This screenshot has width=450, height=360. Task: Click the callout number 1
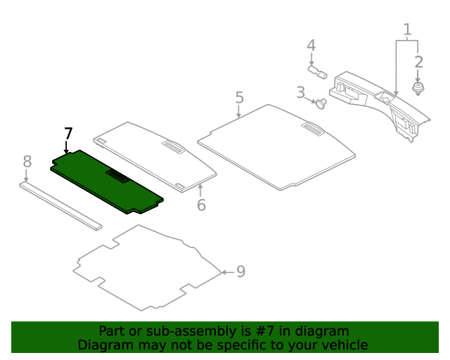pos(407,30)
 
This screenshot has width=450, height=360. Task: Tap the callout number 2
pos(418,62)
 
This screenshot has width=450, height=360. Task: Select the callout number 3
pos(300,92)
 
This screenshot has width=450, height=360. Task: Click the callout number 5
pos(239,97)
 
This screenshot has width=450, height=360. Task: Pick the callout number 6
pos(201,205)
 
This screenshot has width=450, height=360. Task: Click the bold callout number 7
pos(67,134)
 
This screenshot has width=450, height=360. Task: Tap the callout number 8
pos(27,162)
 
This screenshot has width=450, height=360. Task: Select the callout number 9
pos(240,271)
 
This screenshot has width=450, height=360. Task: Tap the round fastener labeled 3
pos(322,103)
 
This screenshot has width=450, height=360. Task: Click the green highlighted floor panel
pos(91,179)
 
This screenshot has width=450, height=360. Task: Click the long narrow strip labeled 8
pos(60,206)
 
